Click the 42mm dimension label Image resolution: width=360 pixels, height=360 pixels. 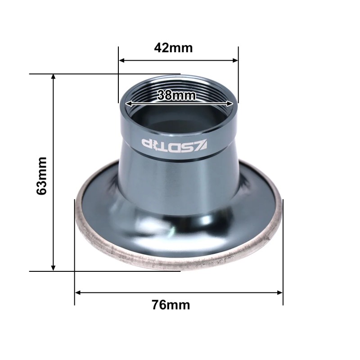point(173,48)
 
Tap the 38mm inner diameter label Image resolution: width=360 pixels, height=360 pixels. point(177,95)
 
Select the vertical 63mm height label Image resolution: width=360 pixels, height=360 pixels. point(42,175)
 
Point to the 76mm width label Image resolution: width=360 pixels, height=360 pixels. point(171,305)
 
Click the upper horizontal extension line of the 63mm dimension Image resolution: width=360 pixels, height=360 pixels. point(90,73)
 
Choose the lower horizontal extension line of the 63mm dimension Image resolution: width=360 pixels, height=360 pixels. point(90,271)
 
